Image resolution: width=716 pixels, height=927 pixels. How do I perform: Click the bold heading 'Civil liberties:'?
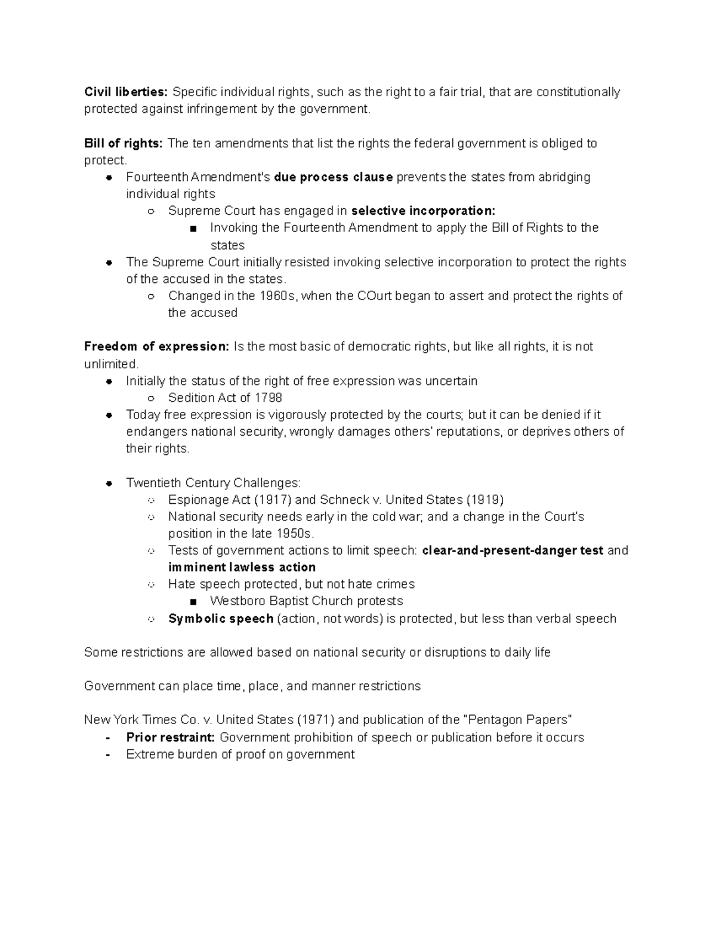[126, 92]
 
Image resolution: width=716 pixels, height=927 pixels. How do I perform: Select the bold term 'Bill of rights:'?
[123, 143]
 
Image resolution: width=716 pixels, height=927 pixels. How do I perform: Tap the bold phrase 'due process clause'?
[333, 177]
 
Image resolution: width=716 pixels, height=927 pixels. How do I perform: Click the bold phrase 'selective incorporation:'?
[423, 211]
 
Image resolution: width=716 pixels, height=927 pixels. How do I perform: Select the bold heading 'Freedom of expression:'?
[156, 347]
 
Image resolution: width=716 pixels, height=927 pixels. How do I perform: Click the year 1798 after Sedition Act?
[268, 398]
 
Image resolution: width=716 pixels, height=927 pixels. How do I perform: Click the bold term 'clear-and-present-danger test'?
[513, 550]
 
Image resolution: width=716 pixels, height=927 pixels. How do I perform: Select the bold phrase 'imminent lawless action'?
[242, 567]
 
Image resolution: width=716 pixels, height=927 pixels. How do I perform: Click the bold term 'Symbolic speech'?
[221, 618]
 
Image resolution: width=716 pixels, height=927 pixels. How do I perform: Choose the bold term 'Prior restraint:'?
[170, 737]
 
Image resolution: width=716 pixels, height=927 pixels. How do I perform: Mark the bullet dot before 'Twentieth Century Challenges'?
[109, 483]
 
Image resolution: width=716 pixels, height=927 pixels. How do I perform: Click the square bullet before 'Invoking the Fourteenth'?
[193, 229]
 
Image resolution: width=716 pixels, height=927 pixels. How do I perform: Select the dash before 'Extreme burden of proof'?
[107, 754]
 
